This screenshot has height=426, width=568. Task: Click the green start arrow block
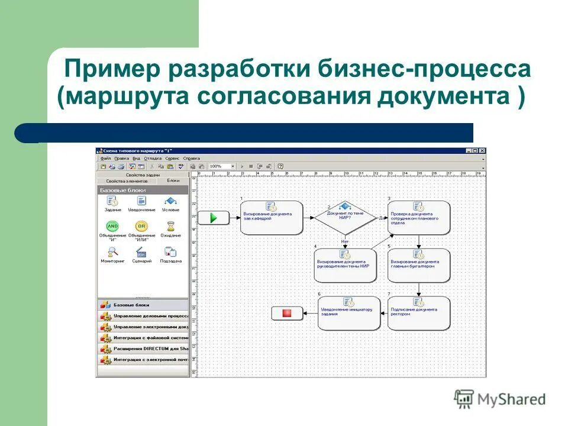[x=213, y=218]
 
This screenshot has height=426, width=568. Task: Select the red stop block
[x=287, y=313]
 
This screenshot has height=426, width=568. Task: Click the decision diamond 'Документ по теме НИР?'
[x=345, y=217]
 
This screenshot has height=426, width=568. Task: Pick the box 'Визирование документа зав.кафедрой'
[x=272, y=218]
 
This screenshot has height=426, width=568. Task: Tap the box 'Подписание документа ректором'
[x=419, y=313]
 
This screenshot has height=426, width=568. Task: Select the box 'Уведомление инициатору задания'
[x=348, y=313]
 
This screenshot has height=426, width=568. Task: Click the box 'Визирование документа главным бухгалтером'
[x=419, y=265]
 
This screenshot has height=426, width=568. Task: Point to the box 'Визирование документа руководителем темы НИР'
[x=344, y=265]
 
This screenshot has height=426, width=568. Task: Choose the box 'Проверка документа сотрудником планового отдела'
[x=419, y=218]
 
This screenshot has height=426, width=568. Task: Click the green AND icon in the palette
[x=112, y=226]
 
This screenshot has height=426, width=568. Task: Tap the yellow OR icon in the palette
[x=141, y=226]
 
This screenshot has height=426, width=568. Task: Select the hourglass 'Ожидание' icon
[x=170, y=226]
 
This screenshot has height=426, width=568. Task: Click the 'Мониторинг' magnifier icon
[x=112, y=252]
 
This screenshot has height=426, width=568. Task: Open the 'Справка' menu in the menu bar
[x=192, y=159]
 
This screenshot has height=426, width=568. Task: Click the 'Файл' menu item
[x=106, y=159]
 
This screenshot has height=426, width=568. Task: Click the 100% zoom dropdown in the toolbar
[x=222, y=167]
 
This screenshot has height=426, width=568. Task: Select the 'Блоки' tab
[x=173, y=180]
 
